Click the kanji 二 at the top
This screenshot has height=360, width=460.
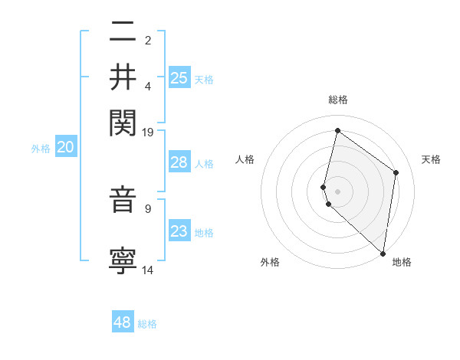click(123, 31)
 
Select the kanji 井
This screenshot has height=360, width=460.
click(123, 77)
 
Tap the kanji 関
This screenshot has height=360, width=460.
click(123, 122)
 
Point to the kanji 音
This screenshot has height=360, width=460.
click(123, 200)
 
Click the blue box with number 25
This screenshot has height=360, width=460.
click(179, 78)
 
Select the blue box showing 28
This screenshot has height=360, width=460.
click(179, 162)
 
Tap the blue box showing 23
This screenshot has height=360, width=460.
click(179, 231)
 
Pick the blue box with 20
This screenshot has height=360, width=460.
click(65, 148)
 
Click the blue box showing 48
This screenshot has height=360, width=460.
click(123, 322)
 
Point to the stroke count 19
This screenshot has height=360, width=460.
click(148, 132)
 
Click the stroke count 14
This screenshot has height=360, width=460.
click(148, 270)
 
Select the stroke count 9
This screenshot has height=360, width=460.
click(148, 207)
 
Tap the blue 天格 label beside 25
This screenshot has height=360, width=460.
click(204, 80)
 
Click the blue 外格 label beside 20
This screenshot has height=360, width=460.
click(41, 149)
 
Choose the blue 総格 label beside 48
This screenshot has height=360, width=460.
click(147, 324)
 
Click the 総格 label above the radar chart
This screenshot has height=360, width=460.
click(337, 100)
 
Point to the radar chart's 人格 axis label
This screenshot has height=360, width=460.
click(245, 159)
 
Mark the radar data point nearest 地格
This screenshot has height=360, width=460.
click(382, 254)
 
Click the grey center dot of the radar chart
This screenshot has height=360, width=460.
click(337, 191)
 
